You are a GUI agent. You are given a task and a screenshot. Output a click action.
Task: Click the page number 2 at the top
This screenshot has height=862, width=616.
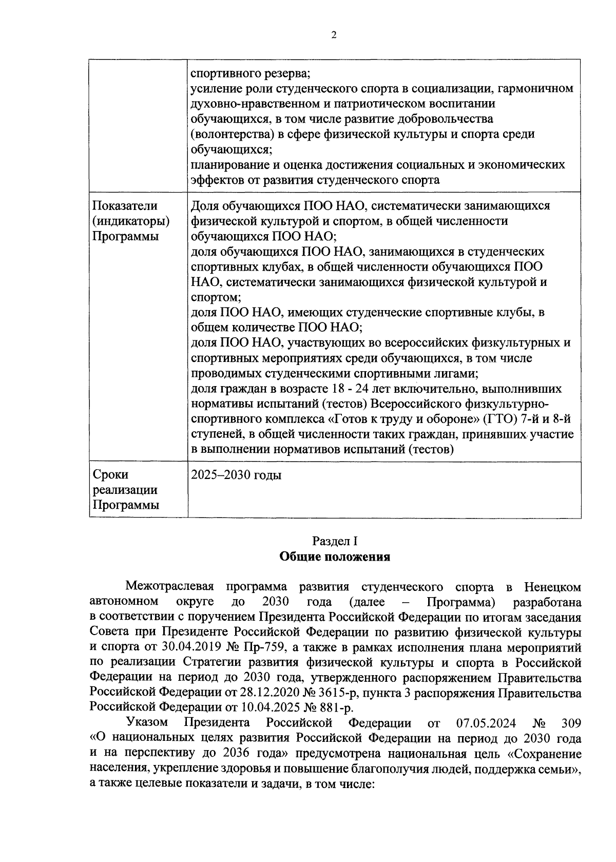click(334, 35)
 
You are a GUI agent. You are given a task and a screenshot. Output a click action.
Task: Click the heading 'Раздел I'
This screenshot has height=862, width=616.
click(334, 541)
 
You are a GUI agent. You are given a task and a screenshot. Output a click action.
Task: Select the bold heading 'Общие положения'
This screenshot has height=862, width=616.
click(334, 557)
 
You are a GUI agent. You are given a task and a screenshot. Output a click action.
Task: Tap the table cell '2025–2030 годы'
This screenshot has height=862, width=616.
click(236, 475)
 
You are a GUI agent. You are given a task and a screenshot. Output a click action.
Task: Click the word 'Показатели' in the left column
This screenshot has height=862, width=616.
click(125, 206)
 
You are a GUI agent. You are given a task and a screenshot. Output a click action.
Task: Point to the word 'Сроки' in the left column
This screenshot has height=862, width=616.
click(110, 475)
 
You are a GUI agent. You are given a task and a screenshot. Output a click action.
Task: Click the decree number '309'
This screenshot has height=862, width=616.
click(571, 723)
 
